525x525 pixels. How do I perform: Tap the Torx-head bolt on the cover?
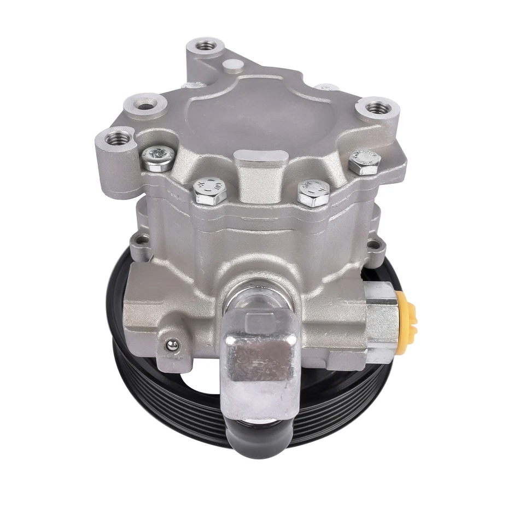point(158,159)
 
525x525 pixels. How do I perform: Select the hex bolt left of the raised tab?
point(210,191)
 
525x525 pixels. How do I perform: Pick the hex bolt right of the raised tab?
point(314,193)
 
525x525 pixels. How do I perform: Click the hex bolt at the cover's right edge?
point(364,163)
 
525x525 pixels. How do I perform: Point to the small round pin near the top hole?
point(234,67)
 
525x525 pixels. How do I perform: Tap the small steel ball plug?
point(172,345)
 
